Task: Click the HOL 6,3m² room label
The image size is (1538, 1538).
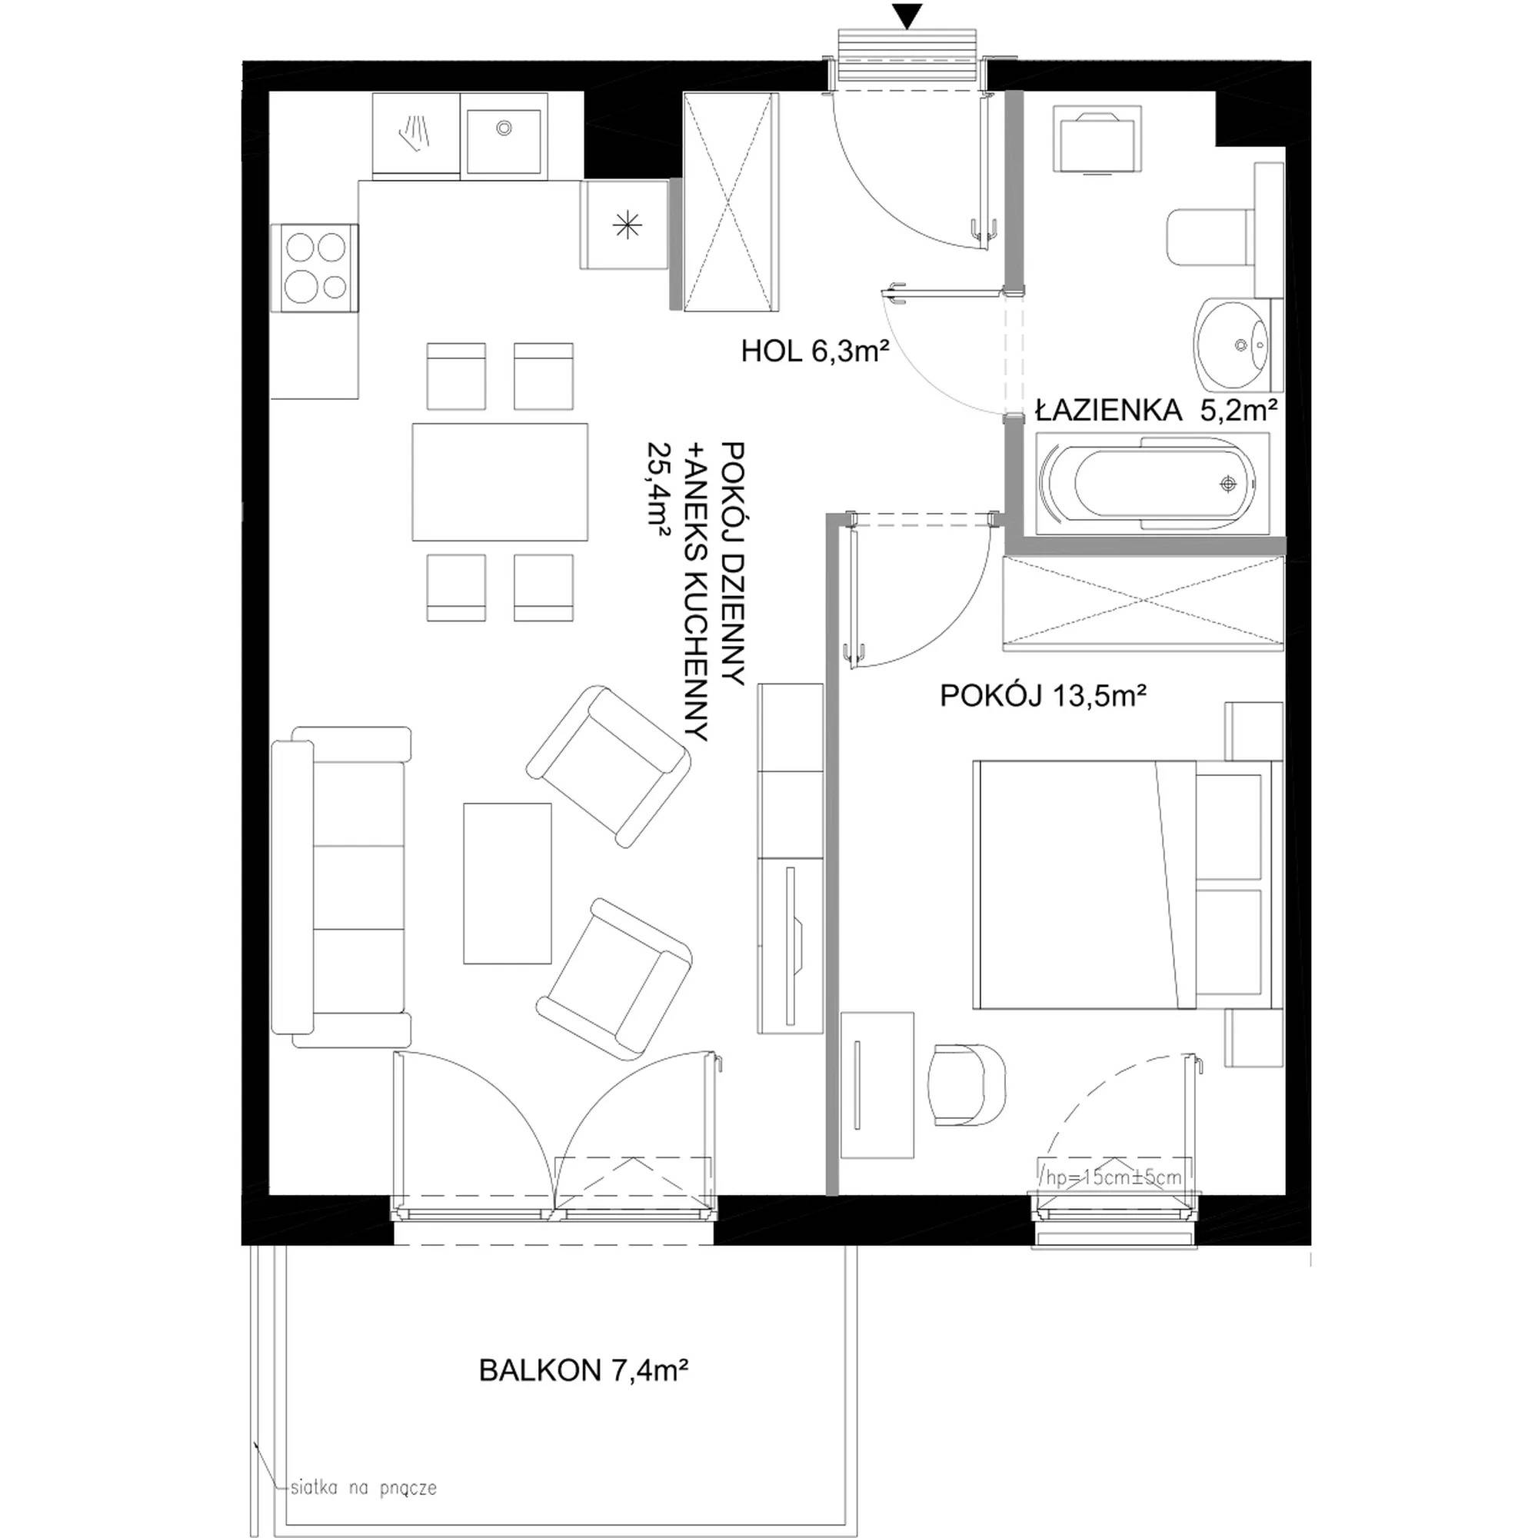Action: coord(814,351)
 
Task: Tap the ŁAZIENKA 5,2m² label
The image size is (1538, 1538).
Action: coord(1157,410)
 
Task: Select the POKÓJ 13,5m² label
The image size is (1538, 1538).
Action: coord(1043,696)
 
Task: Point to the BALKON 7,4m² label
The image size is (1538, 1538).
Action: coord(584,1370)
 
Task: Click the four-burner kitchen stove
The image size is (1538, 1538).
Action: coord(315,268)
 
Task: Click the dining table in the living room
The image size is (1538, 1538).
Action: coord(500,481)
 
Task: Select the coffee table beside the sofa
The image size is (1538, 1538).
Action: coord(507,883)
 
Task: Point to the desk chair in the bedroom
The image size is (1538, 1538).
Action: coord(967,1085)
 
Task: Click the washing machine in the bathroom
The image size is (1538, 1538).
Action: coord(1098,141)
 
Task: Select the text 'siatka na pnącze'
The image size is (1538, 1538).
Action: coord(364,1487)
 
